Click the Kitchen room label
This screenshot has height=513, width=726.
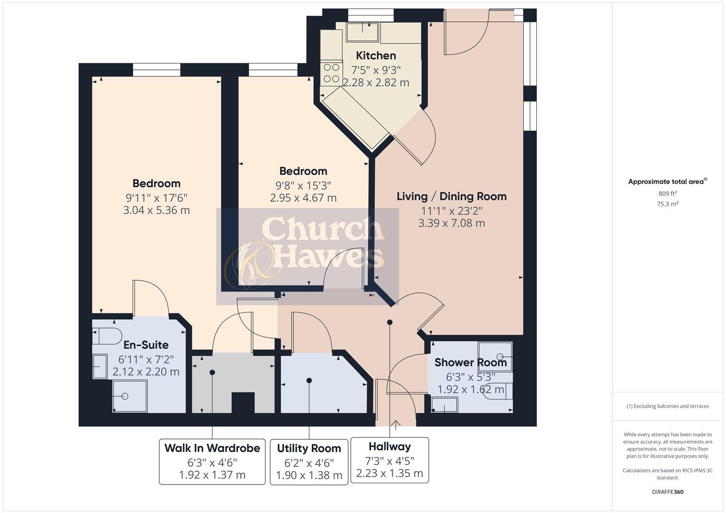[x=376, y=56]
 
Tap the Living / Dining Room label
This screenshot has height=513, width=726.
[x=451, y=196]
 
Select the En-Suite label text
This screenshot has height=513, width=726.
[x=146, y=345]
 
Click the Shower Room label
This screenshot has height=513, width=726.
[x=470, y=362]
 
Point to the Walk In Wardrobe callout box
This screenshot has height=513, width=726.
[x=212, y=461]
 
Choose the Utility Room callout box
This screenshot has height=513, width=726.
[x=309, y=462]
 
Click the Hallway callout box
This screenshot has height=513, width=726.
[x=389, y=460]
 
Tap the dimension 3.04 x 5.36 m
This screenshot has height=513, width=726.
[x=156, y=210]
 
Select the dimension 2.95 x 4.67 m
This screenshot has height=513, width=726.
[x=303, y=198]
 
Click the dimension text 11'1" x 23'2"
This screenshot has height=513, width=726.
[x=451, y=210]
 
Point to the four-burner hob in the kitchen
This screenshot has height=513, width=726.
[x=331, y=73]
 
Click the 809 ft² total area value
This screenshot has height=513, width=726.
[x=667, y=193]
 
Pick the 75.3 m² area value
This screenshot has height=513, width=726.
[x=667, y=204]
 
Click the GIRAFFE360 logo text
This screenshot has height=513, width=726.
[x=667, y=492]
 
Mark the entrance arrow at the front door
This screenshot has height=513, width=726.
[x=396, y=423]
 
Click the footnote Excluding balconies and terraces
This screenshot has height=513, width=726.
[x=667, y=406]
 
